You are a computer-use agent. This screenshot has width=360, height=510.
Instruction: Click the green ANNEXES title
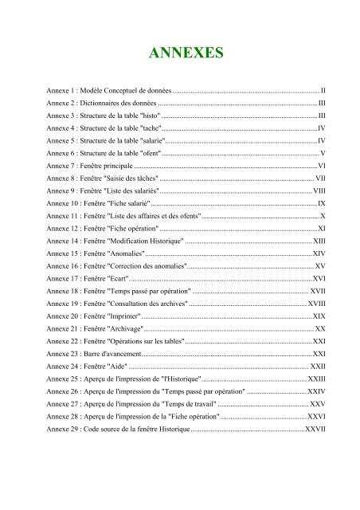[x=180, y=53]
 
